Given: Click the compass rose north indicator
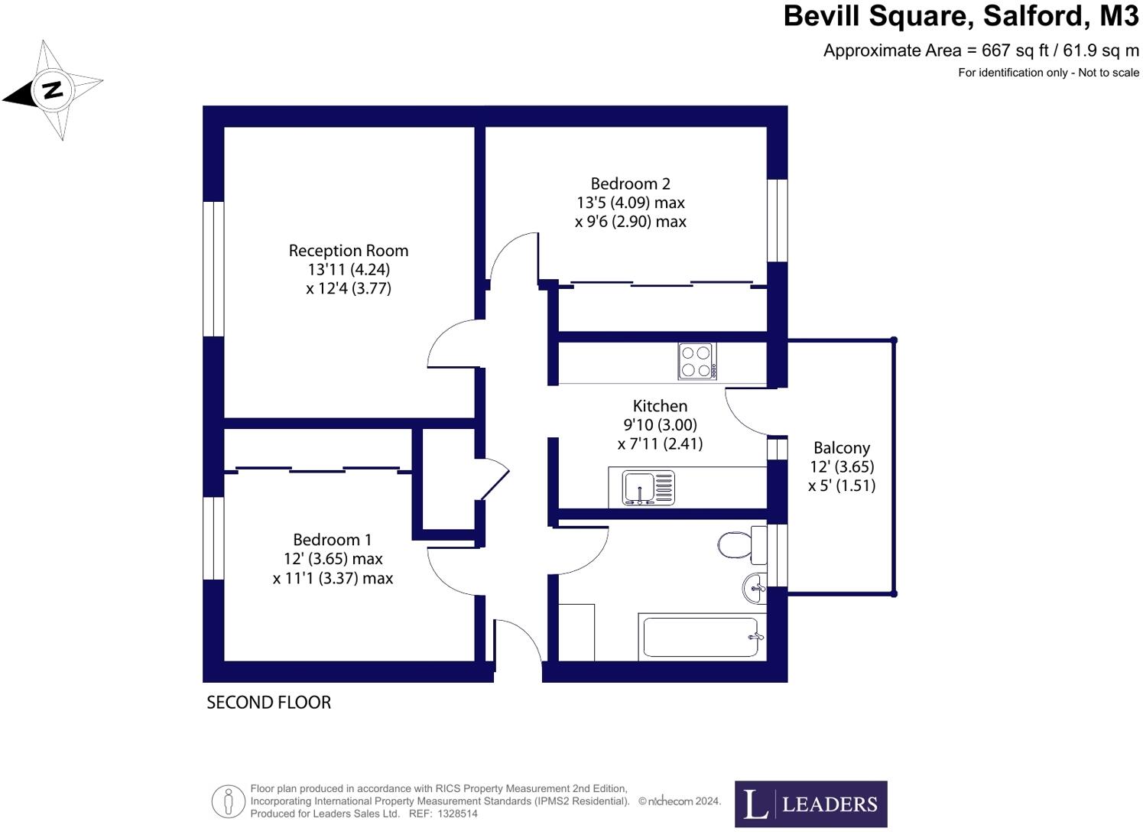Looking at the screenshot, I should click(x=52, y=90).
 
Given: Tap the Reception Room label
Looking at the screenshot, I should click(x=348, y=251).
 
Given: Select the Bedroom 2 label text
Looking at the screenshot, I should click(x=630, y=184).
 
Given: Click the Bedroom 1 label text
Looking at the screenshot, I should click(x=332, y=540).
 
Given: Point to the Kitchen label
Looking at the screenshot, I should click(x=660, y=406).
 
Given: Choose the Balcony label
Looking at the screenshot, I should click(x=841, y=448).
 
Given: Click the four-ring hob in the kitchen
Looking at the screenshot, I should click(x=697, y=362).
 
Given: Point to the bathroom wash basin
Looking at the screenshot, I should click(x=753, y=588).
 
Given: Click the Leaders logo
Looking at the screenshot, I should click(x=810, y=804).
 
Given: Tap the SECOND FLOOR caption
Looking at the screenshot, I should click(x=268, y=703).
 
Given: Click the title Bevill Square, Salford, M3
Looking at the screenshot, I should click(x=960, y=16).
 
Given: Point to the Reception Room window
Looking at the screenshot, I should click(x=213, y=269).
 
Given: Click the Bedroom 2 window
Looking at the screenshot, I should click(x=777, y=220).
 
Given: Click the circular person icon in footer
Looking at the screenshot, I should click(x=228, y=801).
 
